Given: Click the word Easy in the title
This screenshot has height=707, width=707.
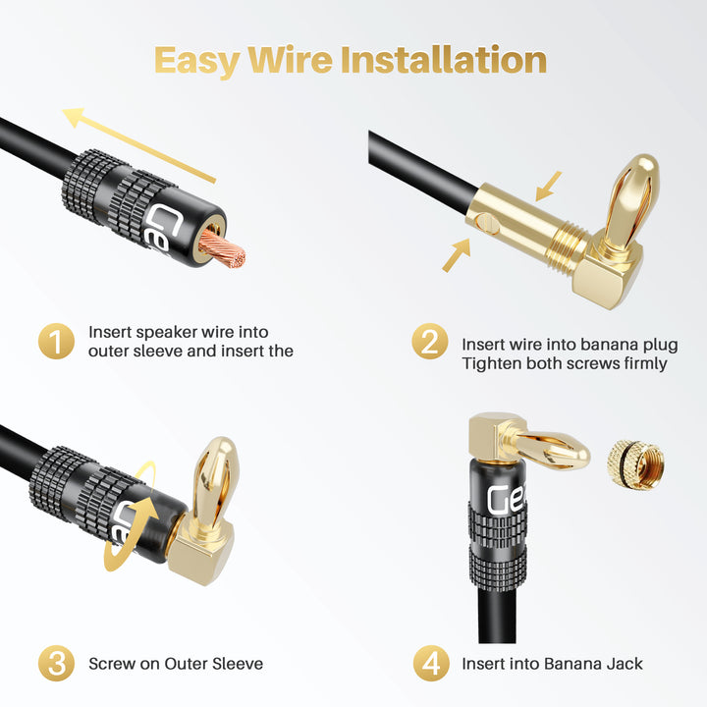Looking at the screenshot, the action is click(196, 61).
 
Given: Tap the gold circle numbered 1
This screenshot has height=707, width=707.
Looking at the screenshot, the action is click(56, 341).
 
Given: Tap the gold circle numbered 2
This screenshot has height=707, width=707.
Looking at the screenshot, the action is click(430, 342).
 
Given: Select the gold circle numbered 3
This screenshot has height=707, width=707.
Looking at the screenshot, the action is click(56, 663).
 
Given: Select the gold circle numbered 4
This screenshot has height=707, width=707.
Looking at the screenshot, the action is click(431, 663).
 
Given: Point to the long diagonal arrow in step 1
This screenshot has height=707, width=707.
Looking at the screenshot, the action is click(138, 145).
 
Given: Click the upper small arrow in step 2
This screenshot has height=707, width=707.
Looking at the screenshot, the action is click(548, 186).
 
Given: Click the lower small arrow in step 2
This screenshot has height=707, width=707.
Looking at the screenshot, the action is click(456, 255).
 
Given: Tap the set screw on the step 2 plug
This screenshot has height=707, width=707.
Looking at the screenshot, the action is click(487, 224).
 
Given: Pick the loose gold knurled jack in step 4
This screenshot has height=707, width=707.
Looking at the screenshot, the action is click(635, 464).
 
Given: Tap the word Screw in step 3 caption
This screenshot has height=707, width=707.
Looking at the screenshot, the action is click(112, 664).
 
